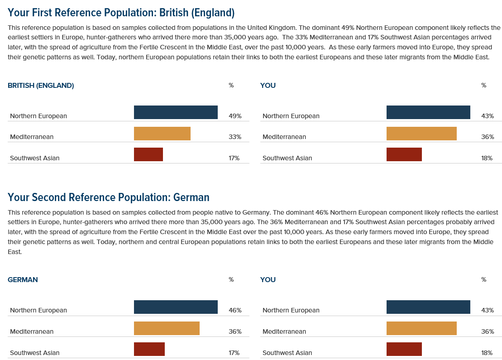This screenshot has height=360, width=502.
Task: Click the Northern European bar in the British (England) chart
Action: point(176,112)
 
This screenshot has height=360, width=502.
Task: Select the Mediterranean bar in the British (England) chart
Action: point(162,134)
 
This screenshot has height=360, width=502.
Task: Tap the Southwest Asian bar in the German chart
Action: point(149,349)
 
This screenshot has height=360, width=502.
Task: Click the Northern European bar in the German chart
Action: point(176,307)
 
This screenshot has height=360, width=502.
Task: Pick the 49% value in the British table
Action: point(235,116)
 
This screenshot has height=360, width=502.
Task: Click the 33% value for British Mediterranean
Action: point(235,137)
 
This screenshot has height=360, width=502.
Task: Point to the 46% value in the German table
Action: point(235,310)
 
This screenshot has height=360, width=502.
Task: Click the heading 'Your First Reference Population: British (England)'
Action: point(121,12)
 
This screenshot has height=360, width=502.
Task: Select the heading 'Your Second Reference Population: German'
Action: point(109,197)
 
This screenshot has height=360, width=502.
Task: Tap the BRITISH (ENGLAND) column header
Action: point(41,85)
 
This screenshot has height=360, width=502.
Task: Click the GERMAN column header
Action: point(23,279)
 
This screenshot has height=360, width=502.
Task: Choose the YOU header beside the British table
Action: point(268,85)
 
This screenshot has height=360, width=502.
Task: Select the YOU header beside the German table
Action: point(268,279)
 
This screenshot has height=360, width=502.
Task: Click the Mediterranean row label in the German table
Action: point(32,331)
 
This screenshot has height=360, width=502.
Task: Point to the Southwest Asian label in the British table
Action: point(35,158)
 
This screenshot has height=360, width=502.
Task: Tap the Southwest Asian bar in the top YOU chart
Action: point(404,154)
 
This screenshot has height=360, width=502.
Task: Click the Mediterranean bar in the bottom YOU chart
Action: point(421,328)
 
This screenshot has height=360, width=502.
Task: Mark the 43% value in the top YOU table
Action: point(488,116)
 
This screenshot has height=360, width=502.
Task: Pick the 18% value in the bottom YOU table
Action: point(487,353)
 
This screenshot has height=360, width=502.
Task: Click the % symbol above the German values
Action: point(231,279)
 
